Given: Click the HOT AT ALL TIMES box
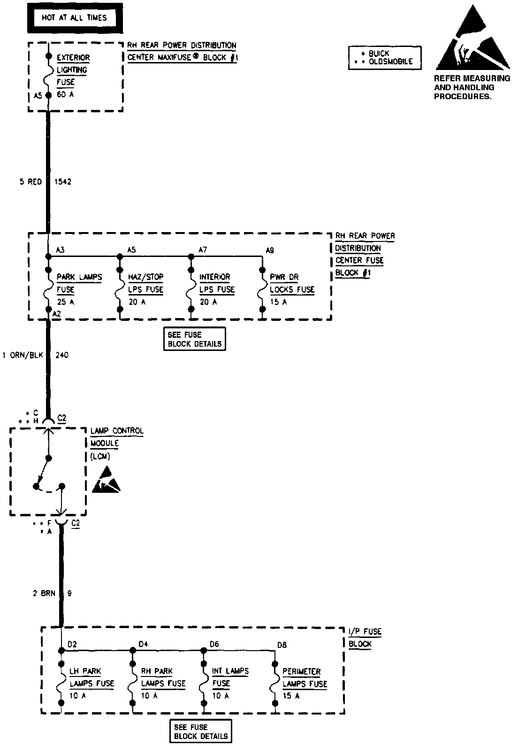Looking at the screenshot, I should pos(75,18).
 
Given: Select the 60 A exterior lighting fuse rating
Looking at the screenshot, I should pos(66,94).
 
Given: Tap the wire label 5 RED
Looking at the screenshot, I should pos(30,182).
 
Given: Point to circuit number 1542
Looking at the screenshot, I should pos(63,182).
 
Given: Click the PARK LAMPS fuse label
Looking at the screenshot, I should pos(79,283).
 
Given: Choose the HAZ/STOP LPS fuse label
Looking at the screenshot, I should pos(146,283).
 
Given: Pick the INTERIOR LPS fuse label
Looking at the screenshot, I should pos(217,283).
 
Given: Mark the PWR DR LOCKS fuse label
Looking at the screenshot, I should pos(292,283).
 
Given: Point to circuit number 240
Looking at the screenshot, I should pos(62,355).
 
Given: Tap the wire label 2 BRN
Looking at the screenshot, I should pos(44,593).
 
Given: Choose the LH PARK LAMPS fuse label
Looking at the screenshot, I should pos(91,677).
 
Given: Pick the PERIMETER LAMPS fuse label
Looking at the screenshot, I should pos(304,677).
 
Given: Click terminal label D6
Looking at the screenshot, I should pos(214,645).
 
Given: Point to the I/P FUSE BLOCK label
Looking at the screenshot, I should pos(365,638).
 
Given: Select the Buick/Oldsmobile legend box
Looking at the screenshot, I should pos(385,58).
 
